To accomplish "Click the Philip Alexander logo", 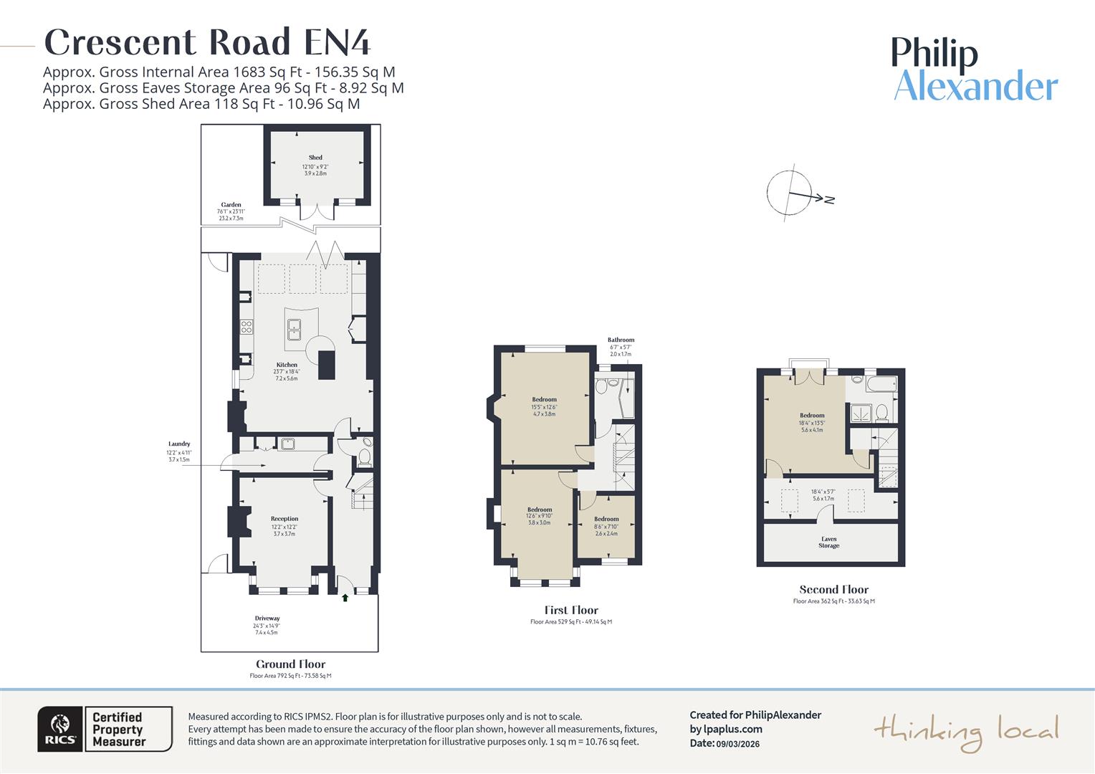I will coord(975,70).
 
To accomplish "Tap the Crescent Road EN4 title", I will coord(208,42).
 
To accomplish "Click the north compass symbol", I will coord(791,192).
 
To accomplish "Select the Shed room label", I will coord(315,158).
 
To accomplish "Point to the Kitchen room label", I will coord(287,365).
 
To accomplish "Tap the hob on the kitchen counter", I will coord(247,327).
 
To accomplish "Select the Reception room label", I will coord(284,519).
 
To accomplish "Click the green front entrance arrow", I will coord(345,598).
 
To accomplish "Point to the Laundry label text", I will coord(179,444).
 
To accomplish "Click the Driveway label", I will coord(267,618).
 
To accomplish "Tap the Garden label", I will coord(231,205).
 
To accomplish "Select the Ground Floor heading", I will coord(290,664).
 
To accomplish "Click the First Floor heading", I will coord(571,611).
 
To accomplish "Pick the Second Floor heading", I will coord(833,590).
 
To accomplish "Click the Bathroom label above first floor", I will coord(621,340).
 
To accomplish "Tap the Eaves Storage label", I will coord(828,543).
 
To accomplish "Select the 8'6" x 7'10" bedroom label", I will coord(606,526).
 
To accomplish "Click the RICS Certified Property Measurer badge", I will coord(105,729).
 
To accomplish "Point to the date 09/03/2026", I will coord(737,744).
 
